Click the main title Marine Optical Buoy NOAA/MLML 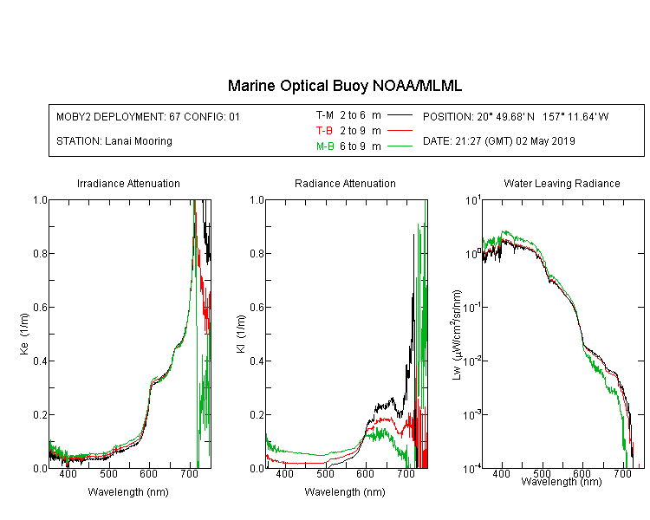click(x=344, y=86)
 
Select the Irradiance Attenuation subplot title click(x=128, y=183)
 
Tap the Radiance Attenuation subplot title click(x=345, y=183)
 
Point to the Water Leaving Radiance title click(x=562, y=183)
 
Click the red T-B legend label click(x=324, y=131)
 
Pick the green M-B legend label click(x=325, y=146)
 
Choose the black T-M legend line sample click(x=400, y=115)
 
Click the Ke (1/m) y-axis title click(x=24, y=335)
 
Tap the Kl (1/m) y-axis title click(x=241, y=335)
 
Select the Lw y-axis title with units click(x=458, y=335)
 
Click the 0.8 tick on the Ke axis click(x=41, y=253)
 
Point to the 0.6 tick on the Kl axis click(x=257, y=308)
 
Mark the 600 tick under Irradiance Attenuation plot click(x=149, y=473)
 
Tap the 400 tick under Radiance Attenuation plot click(x=285, y=473)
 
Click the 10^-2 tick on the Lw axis click(x=472, y=361)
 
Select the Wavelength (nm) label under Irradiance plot click(x=128, y=492)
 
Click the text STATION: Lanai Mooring click(x=114, y=141)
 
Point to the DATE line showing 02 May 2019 click(x=498, y=141)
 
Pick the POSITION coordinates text click(x=516, y=116)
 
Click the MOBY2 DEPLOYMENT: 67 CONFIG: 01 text click(x=148, y=116)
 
